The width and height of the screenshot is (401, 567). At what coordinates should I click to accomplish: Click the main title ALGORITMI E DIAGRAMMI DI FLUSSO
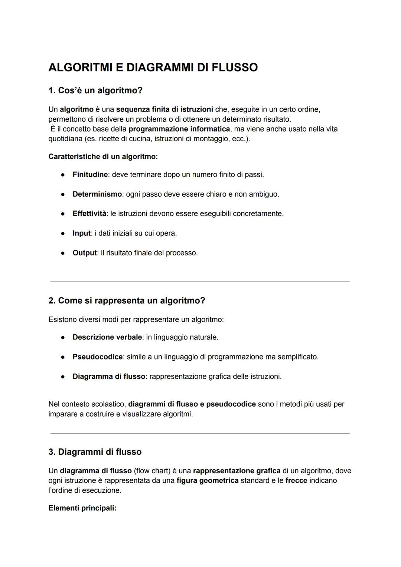click(153, 68)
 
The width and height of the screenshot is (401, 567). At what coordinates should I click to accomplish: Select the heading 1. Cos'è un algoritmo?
click(95, 90)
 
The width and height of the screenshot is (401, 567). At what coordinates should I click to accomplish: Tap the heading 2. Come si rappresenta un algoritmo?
click(127, 300)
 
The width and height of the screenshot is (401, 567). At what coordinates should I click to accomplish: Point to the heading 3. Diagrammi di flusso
click(95, 452)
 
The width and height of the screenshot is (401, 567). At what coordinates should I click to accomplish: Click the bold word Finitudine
click(90, 174)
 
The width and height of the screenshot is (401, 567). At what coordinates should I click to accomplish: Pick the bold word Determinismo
click(97, 194)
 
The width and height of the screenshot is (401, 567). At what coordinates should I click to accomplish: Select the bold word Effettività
click(89, 214)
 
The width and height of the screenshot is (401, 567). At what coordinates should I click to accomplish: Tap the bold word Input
click(81, 233)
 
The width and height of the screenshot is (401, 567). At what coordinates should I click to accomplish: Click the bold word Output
click(84, 253)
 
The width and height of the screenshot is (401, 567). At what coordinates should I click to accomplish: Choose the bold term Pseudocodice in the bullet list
click(97, 357)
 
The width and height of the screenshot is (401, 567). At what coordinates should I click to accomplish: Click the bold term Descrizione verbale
click(107, 337)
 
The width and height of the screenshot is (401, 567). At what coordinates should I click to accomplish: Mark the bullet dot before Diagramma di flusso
click(63, 377)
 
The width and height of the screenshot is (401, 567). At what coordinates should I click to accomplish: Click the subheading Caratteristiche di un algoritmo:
click(103, 157)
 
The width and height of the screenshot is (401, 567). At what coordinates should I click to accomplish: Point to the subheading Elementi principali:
click(82, 508)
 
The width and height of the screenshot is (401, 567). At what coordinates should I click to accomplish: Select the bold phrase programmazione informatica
click(179, 129)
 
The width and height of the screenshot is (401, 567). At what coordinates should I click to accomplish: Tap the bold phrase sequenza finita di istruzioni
click(164, 109)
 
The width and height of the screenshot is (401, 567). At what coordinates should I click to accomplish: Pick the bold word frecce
click(296, 480)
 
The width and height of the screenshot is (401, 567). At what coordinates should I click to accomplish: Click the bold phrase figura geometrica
click(207, 480)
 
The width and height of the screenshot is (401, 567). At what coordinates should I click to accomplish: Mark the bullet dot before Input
click(63, 233)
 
